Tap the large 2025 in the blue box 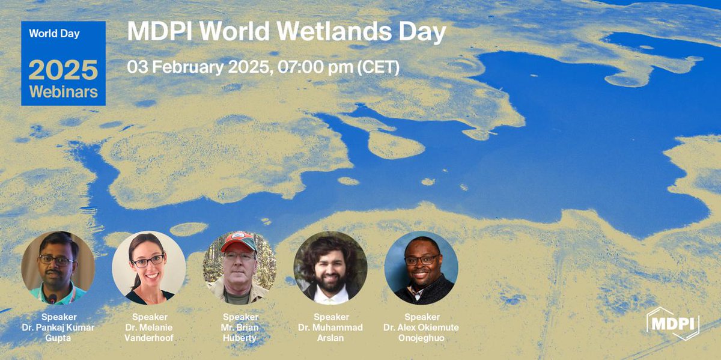(63, 71)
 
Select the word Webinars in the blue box (63, 92)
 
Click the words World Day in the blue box (55, 34)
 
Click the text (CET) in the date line (379, 67)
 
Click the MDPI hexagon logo (672, 323)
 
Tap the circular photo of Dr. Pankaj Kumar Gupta (58, 268)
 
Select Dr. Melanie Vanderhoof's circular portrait (149, 268)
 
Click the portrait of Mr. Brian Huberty (240, 268)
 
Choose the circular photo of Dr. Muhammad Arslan (330, 268)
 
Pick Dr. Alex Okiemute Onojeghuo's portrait (421, 268)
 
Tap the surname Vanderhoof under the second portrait (149, 338)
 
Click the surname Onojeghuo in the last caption (421, 338)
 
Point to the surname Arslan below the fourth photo (330, 338)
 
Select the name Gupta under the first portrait (58, 338)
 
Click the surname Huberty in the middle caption (240, 338)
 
